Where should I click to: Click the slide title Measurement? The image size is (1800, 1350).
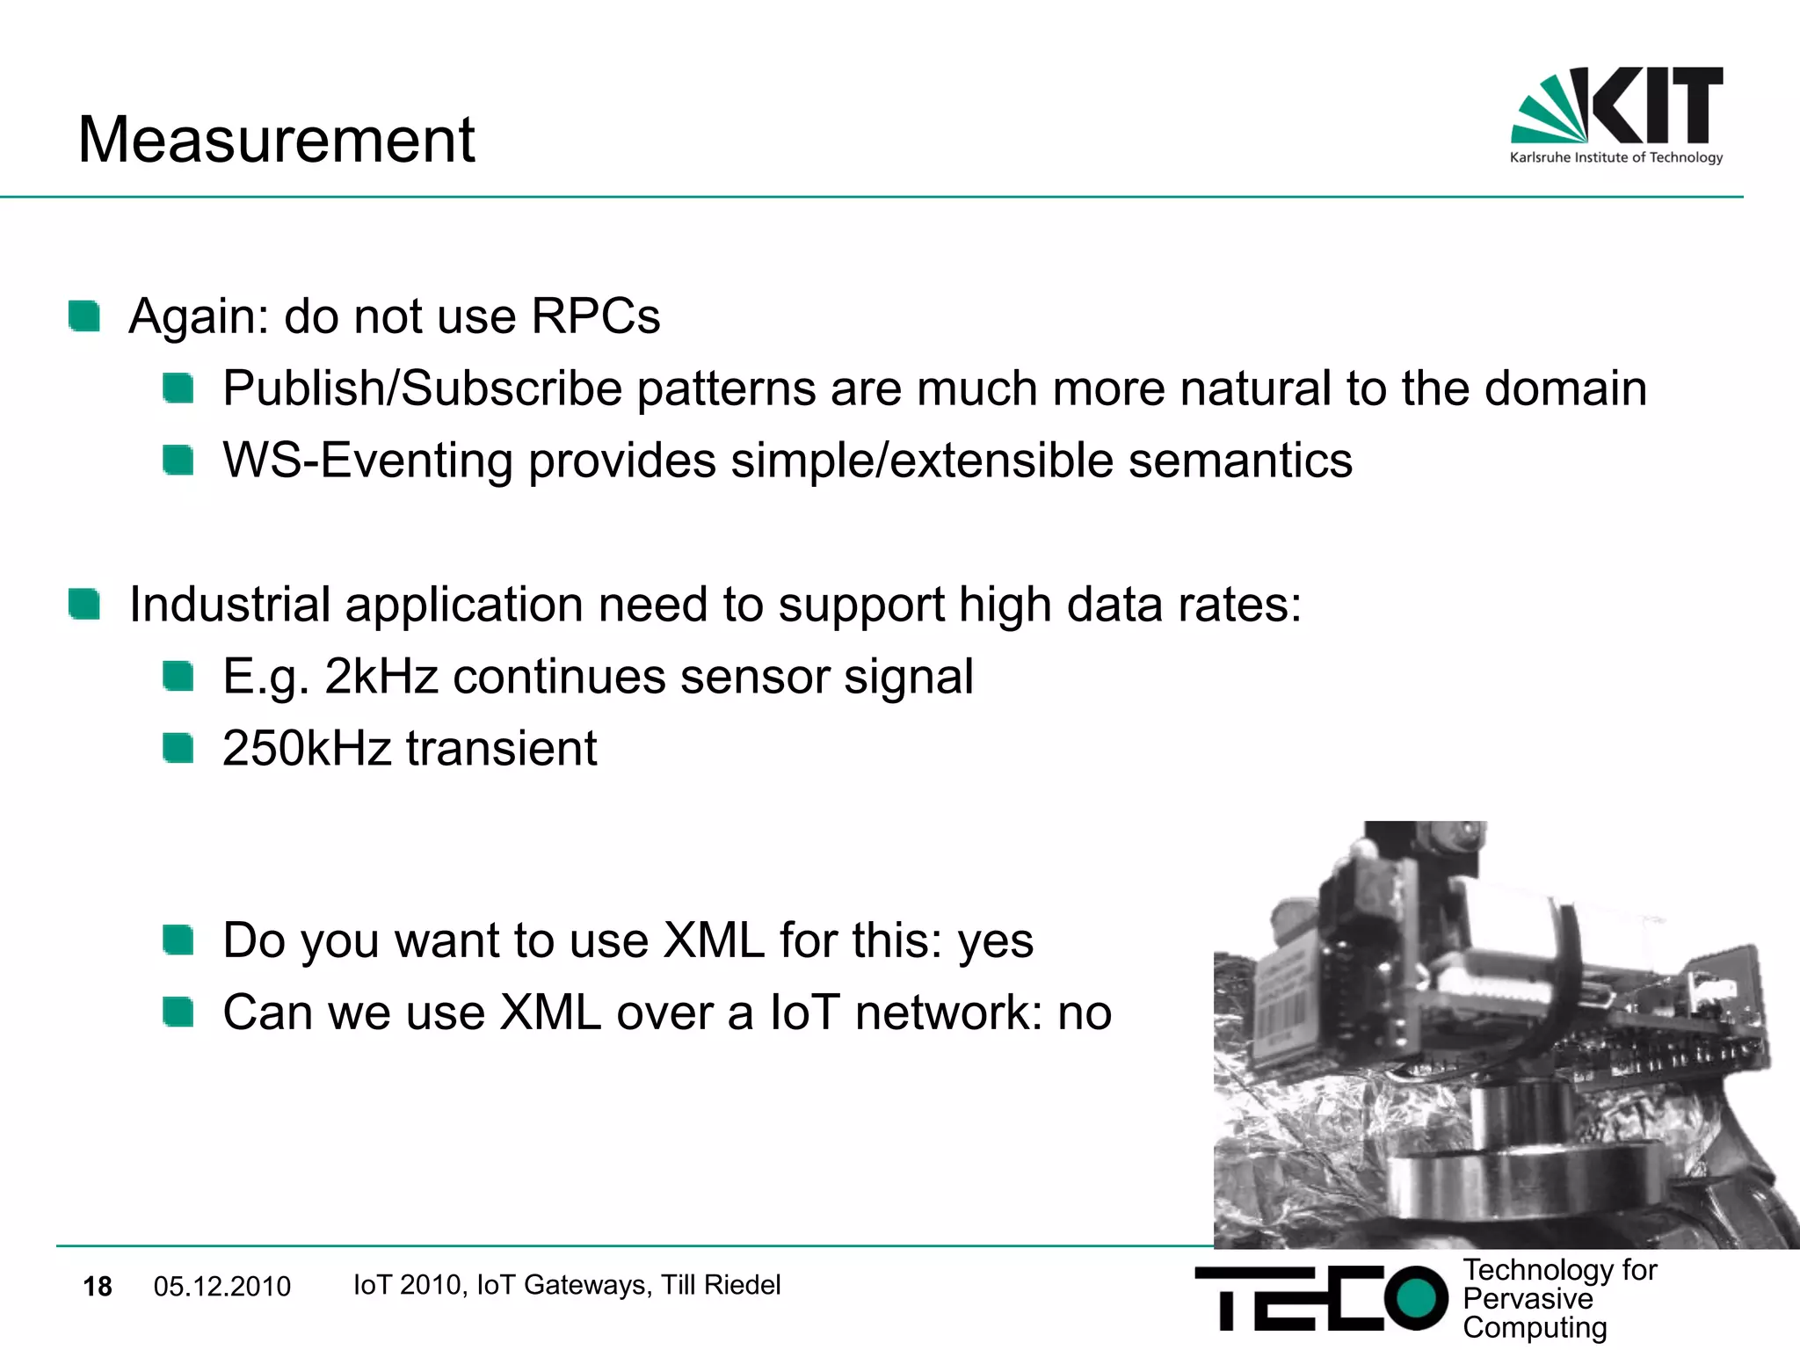pyautogui.click(x=276, y=140)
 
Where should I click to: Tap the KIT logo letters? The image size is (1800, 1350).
pyautogui.click(x=1656, y=105)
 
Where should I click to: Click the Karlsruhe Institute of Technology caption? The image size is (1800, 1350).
pyautogui.click(x=1615, y=158)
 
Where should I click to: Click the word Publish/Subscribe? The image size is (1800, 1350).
pyautogui.click(x=423, y=388)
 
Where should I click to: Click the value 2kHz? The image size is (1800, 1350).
pyautogui.click(x=381, y=677)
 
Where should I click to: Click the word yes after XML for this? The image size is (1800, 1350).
pyautogui.click(x=995, y=942)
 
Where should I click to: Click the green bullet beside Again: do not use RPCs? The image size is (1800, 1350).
pyautogui.click(x=85, y=316)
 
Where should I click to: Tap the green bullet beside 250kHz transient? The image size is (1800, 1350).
pyautogui.click(x=178, y=749)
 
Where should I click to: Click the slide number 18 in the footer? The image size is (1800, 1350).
pyautogui.click(x=98, y=1287)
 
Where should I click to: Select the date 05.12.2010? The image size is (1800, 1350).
pyautogui.click(x=221, y=1287)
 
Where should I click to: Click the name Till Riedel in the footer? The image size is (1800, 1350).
pyautogui.click(x=720, y=1285)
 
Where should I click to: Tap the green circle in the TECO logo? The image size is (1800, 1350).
pyautogui.click(x=1415, y=1297)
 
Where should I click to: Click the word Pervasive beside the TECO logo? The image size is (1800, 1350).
pyautogui.click(x=1527, y=1299)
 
